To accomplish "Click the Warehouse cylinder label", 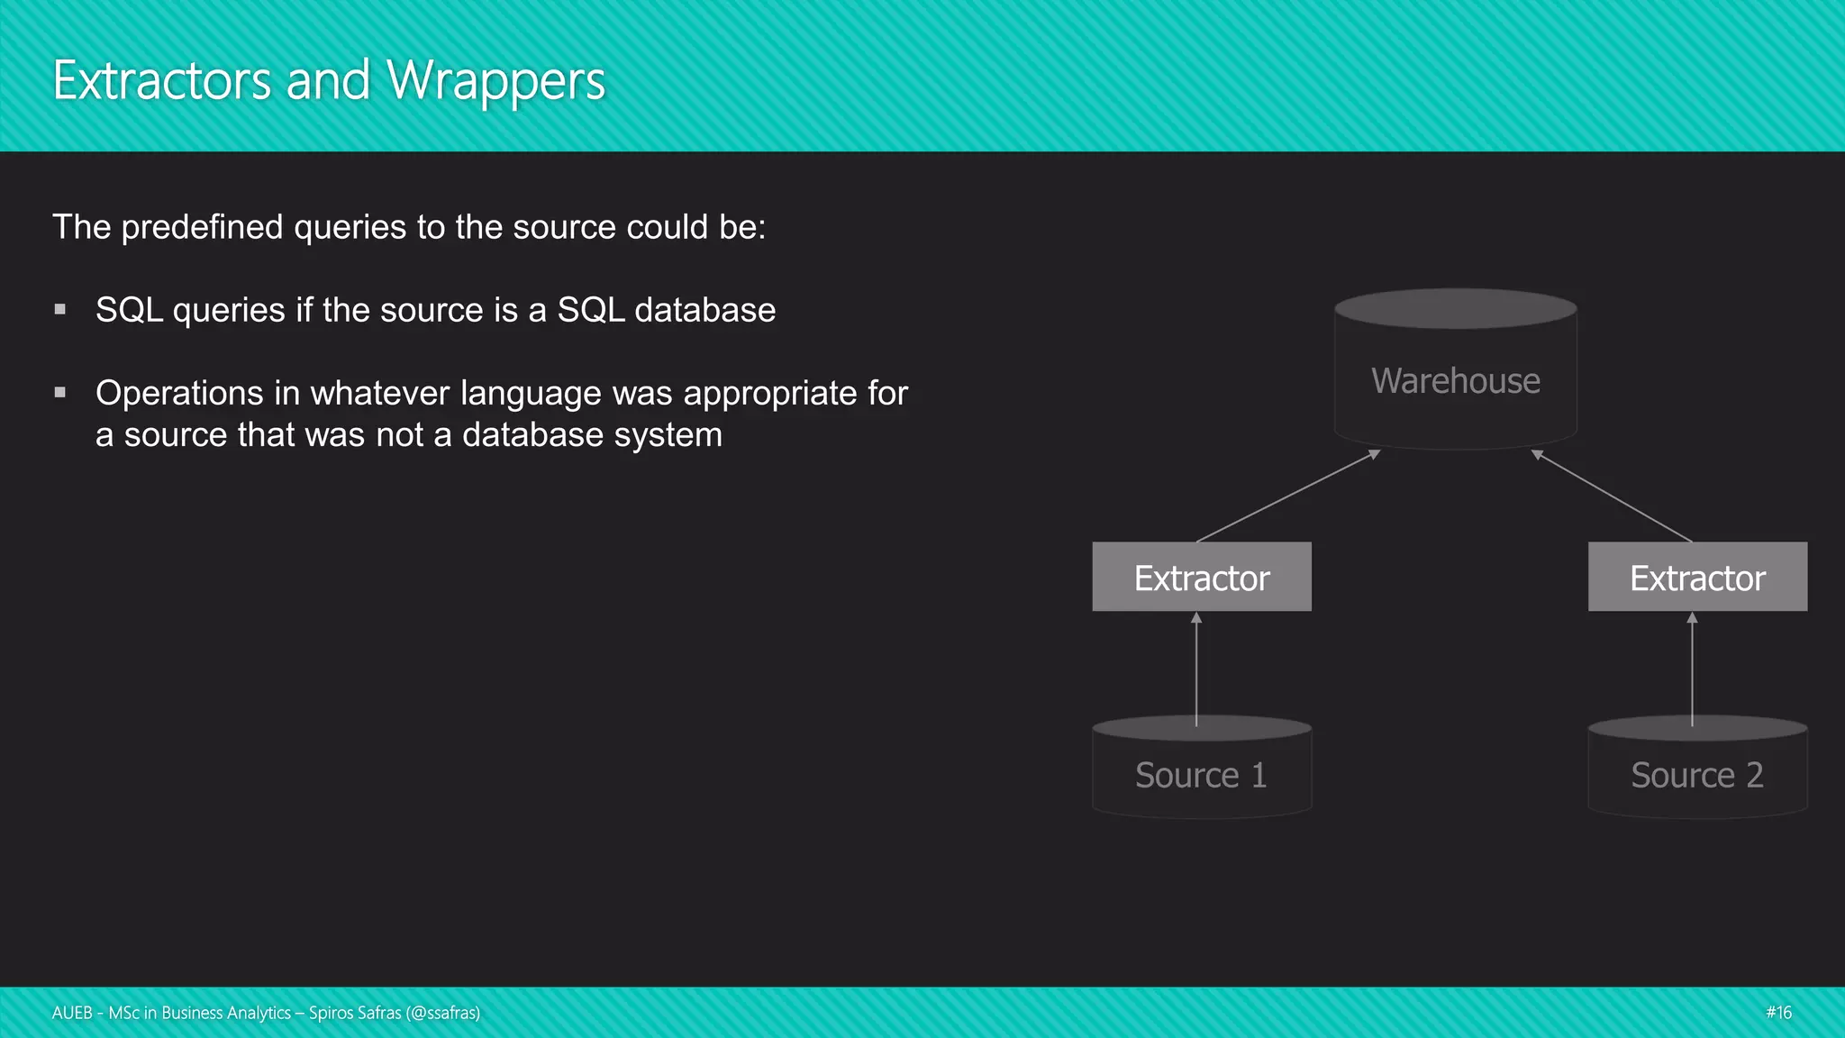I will [1455, 381].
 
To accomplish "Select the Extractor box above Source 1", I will [1201, 578].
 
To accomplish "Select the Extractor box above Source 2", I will [1697, 578].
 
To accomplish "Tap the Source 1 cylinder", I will [1201, 775].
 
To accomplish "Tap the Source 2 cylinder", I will [1697, 775].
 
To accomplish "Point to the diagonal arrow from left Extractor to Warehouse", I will [1288, 496].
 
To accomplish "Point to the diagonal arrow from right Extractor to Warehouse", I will [1613, 496].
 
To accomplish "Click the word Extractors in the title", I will [162, 81].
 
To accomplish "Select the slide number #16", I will [1778, 1013].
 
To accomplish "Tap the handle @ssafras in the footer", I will [443, 1013].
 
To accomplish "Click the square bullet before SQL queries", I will [60, 309].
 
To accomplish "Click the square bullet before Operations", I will [60, 392].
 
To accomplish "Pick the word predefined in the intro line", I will [203, 227].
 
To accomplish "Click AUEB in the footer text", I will [72, 1013].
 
